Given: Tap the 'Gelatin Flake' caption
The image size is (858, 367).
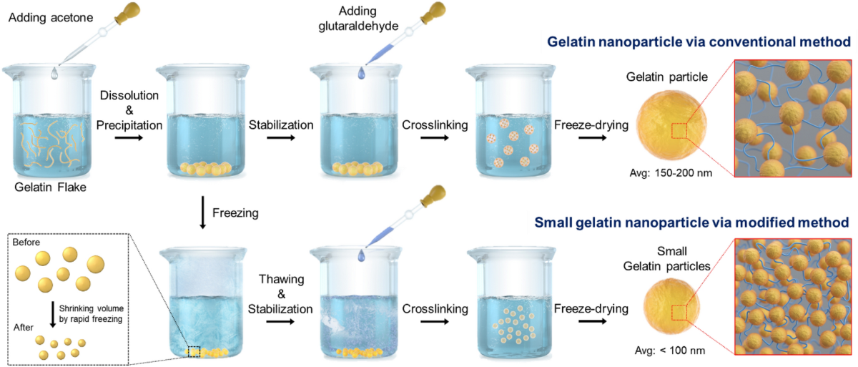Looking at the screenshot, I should [x=54, y=189].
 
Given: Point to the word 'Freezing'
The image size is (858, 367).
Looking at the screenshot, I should [x=237, y=212].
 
